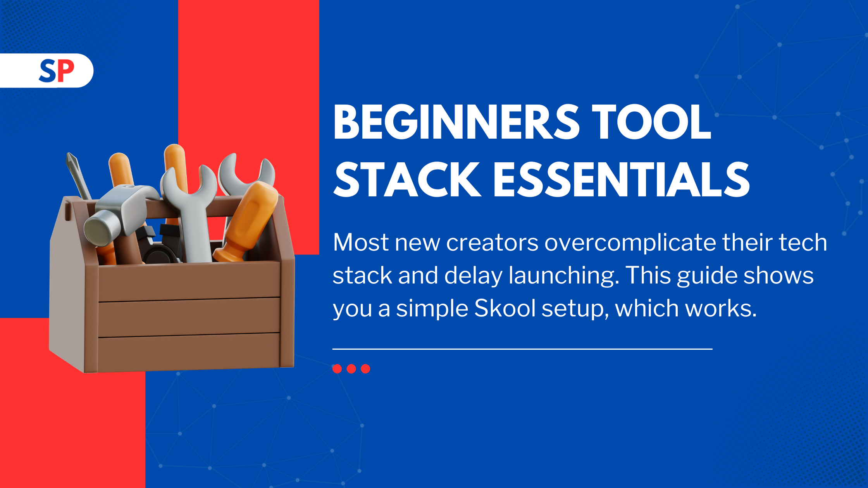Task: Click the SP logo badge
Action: [x=46, y=70]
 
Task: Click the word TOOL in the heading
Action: [x=651, y=122]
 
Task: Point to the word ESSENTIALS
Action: [x=622, y=179]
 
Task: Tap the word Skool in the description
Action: [x=505, y=308]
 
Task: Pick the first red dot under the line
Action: [x=337, y=369]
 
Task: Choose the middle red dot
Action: [x=351, y=369]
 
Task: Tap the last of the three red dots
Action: [x=365, y=369]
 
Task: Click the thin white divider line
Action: [x=522, y=349]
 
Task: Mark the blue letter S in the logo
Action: [x=48, y=71]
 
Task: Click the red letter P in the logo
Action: [x=66, y=70]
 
